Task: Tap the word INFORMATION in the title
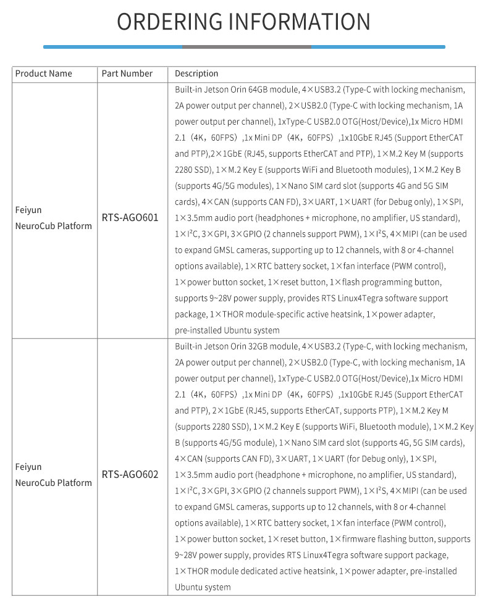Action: coord(299,22)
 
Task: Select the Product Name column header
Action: coord(43,73)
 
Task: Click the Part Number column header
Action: coord(127,73)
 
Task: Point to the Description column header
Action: coord(196,73)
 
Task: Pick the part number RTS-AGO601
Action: coord(130,218)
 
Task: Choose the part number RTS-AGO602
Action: coord(130,475)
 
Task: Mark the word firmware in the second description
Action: coord(357,539)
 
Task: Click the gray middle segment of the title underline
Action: coord(246,47)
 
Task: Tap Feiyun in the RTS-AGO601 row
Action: coord(28,210)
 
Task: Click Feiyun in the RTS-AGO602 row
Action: coord(28,467)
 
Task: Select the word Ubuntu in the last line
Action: coord(189,587)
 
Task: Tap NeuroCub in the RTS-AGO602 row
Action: coord(34,483)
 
